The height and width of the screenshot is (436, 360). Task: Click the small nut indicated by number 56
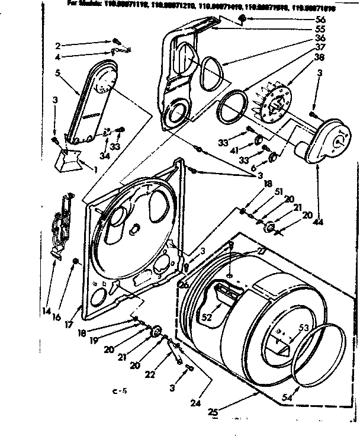[x=243, y=20]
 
